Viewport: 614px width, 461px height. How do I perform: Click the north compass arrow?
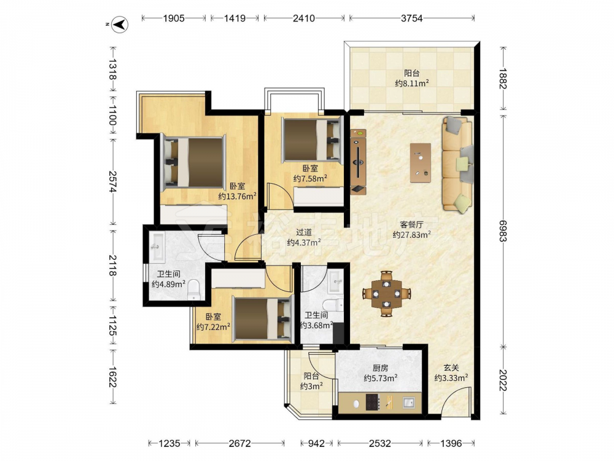point(120,25)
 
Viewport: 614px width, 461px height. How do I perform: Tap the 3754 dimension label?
point(411,18)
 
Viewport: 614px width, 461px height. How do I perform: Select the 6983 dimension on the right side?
point(503,230)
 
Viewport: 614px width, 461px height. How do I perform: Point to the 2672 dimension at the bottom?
point(239,443)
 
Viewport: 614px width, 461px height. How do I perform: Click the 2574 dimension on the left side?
point(112,181)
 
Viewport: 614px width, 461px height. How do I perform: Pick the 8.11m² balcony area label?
point(412,83)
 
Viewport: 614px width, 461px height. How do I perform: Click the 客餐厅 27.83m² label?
point(412,230)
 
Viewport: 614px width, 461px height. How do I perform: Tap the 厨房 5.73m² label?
point(381,373)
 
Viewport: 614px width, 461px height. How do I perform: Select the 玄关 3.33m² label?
point(451,373)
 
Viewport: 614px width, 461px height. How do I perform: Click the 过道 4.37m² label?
point(304,237)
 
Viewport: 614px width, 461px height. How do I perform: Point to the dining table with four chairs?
point(386,293)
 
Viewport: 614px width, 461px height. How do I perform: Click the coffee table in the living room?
point(421,163)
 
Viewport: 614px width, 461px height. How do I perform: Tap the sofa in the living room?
point(457,164)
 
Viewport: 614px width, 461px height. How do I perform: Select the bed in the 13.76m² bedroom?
point(194,162)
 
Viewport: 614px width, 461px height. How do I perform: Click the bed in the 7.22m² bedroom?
point(263,318)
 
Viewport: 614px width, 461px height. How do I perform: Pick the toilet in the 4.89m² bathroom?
point(194,291)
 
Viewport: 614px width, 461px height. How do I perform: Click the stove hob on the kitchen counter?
point(373,402)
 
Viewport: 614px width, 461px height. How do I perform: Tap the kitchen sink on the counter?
point(409,403)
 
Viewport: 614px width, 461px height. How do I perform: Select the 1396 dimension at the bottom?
point(451,443)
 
